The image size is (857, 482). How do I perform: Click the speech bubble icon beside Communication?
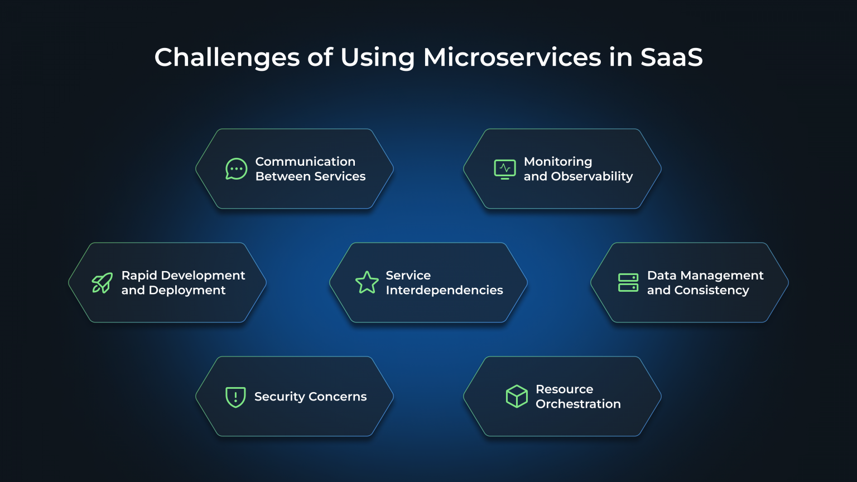(x=236, y=168)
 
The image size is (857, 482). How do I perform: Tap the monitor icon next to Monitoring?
(x=505, y=168)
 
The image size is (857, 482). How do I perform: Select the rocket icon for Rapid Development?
(x=102, y=283)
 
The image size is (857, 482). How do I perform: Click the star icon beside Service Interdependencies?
(x=367, y=283)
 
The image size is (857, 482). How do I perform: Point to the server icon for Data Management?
(x=628, y=283)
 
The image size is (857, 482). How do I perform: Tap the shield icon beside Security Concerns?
(x=235, y=397)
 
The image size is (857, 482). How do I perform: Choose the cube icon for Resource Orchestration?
(x=517, y=396)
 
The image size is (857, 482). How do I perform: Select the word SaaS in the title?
(x=671, y=57)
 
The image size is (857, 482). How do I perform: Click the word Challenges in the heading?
(x=227, y=57)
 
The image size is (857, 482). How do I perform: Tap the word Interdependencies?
(x=444, y=290)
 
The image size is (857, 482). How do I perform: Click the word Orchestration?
(x=578, y=404)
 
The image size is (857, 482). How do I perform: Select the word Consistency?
(x=711, y=291)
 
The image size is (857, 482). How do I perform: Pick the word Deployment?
(x=187, y=291)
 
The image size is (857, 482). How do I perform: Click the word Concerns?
(x=338, y=397)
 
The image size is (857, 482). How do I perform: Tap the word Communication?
(x=305, y=162)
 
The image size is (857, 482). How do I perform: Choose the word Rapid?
(x=139, y=276)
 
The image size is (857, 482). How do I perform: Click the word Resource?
(x=564, y=389)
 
